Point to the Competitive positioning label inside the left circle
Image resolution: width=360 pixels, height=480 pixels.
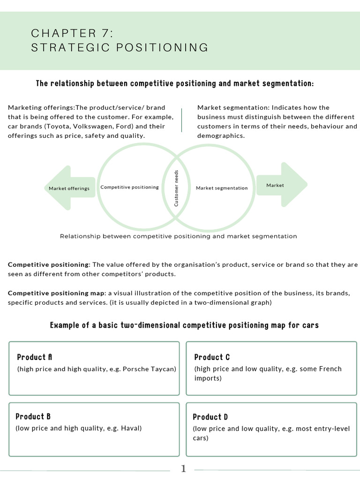coord(129,187)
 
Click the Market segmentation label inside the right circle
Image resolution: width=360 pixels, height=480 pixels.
coord(221,188)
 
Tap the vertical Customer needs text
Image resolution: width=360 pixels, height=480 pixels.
coord(177,188)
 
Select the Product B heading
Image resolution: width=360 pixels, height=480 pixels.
coord(33,416)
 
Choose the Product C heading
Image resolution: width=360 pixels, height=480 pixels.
coord(212,357)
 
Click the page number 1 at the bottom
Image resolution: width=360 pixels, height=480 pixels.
coord(183,468)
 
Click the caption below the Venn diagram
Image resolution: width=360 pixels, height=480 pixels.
coord(178,236)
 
